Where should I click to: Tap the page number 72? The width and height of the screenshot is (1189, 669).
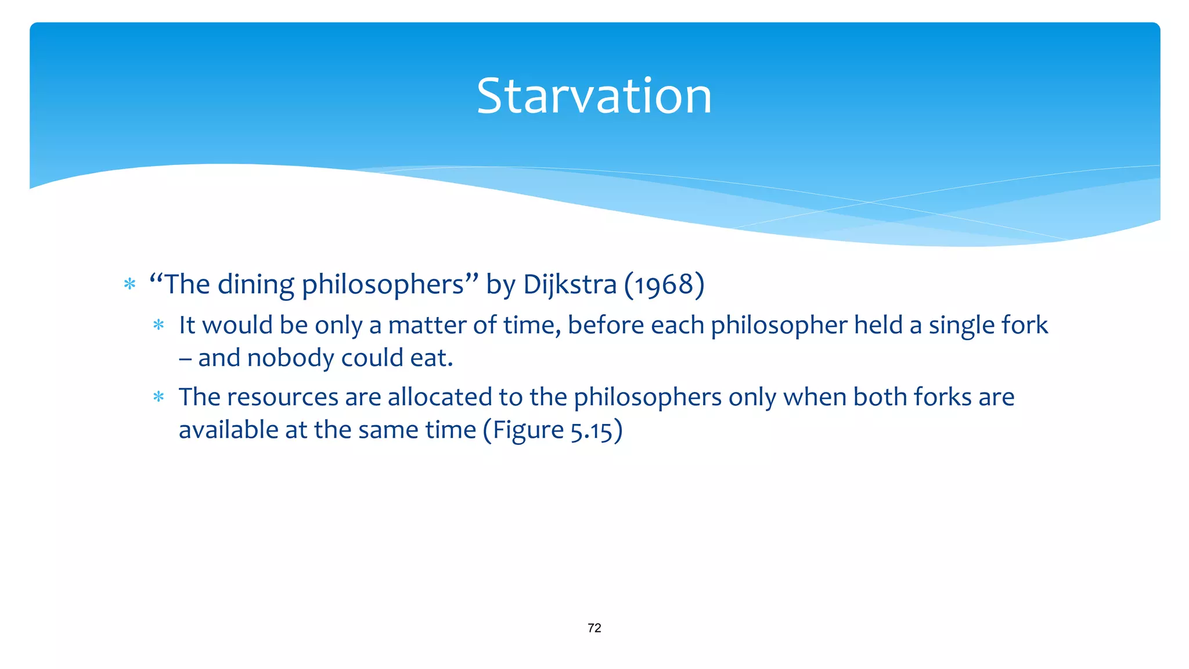(x=594, y=628)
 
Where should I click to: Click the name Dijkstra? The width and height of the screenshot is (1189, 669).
(x=570, y=285)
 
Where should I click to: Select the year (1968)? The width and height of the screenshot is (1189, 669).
(x=664, y=285)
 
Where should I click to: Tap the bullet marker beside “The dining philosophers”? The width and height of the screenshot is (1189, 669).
(x=130, y=285)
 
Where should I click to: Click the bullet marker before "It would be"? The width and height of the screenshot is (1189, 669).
(x=158, y=325)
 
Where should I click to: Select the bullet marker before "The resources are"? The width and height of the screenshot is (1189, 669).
(x=158, y=397)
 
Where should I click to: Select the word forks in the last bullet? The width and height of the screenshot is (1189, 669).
(x=942, y=397)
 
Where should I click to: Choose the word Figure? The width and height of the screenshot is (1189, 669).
(x=528, y=430)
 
